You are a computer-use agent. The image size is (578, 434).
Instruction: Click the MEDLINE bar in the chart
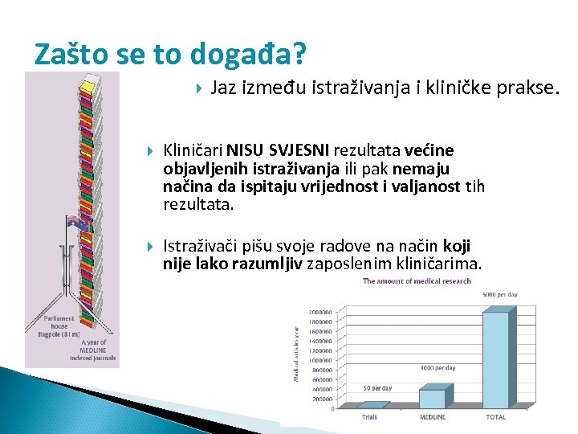(x=433, y=397)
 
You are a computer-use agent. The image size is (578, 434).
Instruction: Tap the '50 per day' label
(x=377, y=389)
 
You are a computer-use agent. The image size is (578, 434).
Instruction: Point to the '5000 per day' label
(x=499, y=295)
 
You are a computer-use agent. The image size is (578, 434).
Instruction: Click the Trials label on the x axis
(x=369, y=417)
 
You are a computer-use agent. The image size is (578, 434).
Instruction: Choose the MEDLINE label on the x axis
(x=432, y=417)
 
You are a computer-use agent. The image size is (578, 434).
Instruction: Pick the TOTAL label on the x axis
(x=495, y=417)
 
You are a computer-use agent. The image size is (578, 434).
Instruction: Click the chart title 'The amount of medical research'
(x=417, y=281)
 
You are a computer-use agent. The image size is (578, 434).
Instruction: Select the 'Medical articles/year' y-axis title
(x=297, y=354)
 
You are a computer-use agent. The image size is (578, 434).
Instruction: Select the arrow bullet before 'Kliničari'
(x=150, y=150)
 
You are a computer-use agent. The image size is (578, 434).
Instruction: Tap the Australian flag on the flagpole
(x=77, y=224)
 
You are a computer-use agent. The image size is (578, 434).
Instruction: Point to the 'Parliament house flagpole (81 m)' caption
(x=59, y=326)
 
